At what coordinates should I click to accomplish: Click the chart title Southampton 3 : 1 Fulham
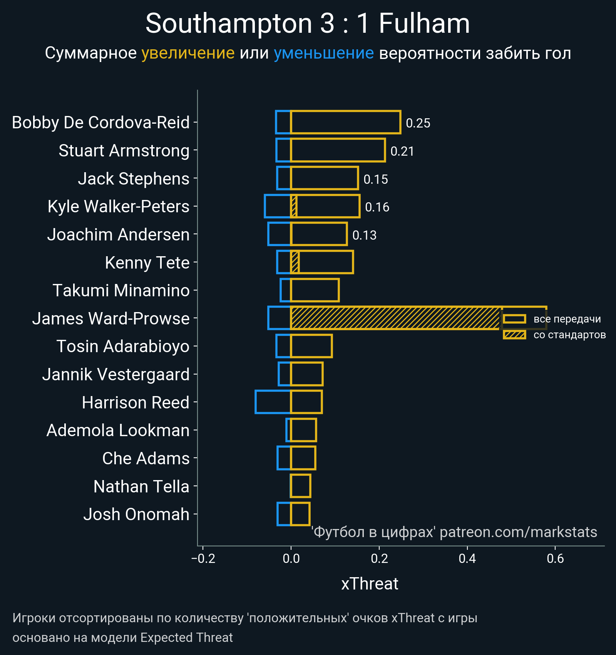308,24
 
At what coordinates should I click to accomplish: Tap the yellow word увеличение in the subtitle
188,53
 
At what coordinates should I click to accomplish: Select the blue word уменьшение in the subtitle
323,53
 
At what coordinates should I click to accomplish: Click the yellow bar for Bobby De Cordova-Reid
345,122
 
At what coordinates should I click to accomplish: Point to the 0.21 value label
402,151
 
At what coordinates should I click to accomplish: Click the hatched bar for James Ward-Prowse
395,318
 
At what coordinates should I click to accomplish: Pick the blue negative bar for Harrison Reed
273,402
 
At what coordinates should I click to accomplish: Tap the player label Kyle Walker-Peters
118,207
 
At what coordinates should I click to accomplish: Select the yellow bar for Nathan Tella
300,486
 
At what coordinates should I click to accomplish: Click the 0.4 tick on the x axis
467,558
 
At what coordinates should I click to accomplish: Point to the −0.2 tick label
203,558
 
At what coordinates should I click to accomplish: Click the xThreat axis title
370,584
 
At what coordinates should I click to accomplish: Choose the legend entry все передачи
567,319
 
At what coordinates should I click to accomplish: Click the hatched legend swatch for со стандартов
514,335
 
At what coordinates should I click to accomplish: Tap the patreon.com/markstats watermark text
518,532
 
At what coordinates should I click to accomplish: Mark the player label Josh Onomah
136,514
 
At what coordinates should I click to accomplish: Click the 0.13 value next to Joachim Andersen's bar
364,235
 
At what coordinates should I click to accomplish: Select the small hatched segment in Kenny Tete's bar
295,262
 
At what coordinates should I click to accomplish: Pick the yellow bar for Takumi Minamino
315,290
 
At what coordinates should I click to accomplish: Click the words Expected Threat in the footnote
186,638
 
